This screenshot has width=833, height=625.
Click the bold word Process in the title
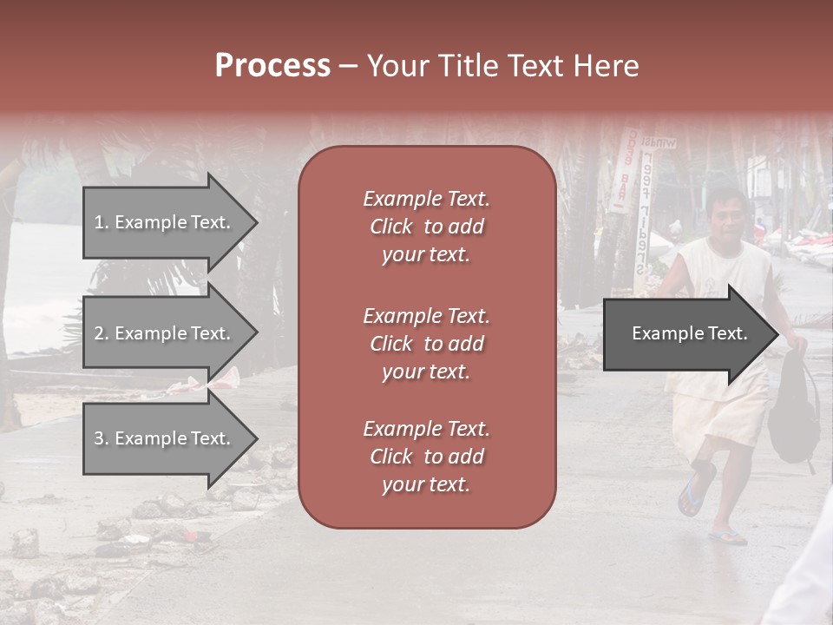272,66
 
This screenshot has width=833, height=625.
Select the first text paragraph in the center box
426,227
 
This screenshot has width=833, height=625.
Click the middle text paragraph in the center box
426,344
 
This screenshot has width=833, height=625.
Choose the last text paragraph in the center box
426,457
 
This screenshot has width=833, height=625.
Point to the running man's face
722,217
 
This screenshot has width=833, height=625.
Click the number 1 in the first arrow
98,222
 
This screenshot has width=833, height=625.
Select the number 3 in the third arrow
99,438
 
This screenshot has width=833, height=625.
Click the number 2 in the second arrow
99,333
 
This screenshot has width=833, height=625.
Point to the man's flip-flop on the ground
727,537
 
